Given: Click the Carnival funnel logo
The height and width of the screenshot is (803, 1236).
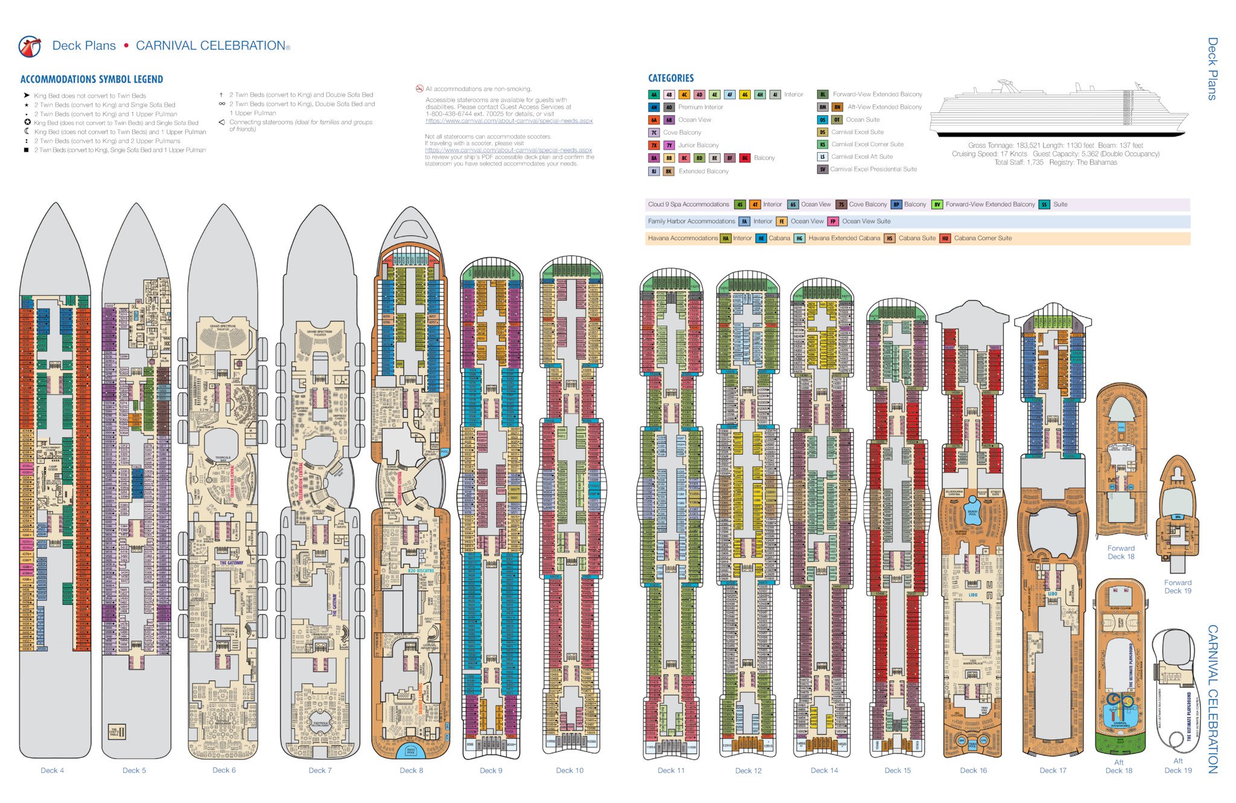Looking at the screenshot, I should point(30,46).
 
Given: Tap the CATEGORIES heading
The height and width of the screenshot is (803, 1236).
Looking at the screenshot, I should point(671,78).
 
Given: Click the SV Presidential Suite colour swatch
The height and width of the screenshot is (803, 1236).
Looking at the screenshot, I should point(823,170).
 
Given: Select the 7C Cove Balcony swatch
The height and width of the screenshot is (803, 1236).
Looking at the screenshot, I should point(654,133).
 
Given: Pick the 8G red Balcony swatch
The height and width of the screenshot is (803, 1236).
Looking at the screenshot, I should point(745,158).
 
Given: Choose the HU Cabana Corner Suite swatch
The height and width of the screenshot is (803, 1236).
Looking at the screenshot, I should point(945,238).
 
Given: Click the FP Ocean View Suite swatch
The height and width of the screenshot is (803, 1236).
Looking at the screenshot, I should point(833,222).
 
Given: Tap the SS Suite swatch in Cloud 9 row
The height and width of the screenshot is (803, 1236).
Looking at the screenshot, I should point(1045,205).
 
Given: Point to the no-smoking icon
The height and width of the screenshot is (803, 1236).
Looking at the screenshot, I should point(419,89).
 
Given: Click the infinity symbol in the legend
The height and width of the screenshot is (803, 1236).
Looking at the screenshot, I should point(222,104).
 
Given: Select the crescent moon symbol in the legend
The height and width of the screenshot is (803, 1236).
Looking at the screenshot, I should point(27,132).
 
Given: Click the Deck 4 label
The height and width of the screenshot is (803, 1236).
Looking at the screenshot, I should point(52,770).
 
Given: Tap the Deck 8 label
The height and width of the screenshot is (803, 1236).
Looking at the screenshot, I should point(411,770).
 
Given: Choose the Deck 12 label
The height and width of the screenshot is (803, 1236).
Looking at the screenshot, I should point(748,771).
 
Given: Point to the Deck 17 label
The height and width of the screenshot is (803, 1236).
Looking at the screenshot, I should point(1053,770).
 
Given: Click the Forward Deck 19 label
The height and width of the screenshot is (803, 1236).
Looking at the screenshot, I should point(1177,587).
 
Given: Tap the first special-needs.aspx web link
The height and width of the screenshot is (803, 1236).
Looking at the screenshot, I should point(509,121).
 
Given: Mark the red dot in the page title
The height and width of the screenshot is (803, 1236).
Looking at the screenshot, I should point(126,46).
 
